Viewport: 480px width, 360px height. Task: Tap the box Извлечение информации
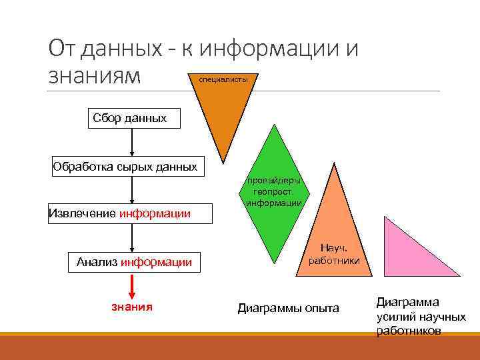coord(119,213)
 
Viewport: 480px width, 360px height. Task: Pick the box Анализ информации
coord(134,262)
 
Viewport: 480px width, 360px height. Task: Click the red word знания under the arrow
coord(131,307)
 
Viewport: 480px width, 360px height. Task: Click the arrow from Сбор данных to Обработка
coord(132,143)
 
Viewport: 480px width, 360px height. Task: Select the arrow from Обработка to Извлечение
coord(132,191)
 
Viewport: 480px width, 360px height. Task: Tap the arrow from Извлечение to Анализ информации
coord(132,238)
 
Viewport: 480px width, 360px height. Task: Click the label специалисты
coord(219,79)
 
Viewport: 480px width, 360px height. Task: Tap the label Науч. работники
coord(334,254)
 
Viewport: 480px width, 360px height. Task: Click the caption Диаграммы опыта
coord(288,309)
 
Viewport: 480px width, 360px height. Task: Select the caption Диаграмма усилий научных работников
coord(421,316)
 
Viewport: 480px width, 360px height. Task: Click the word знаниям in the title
coord(95,75)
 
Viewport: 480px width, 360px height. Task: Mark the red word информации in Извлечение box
coord(155,214)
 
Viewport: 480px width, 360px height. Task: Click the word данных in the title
coord(126,49)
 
